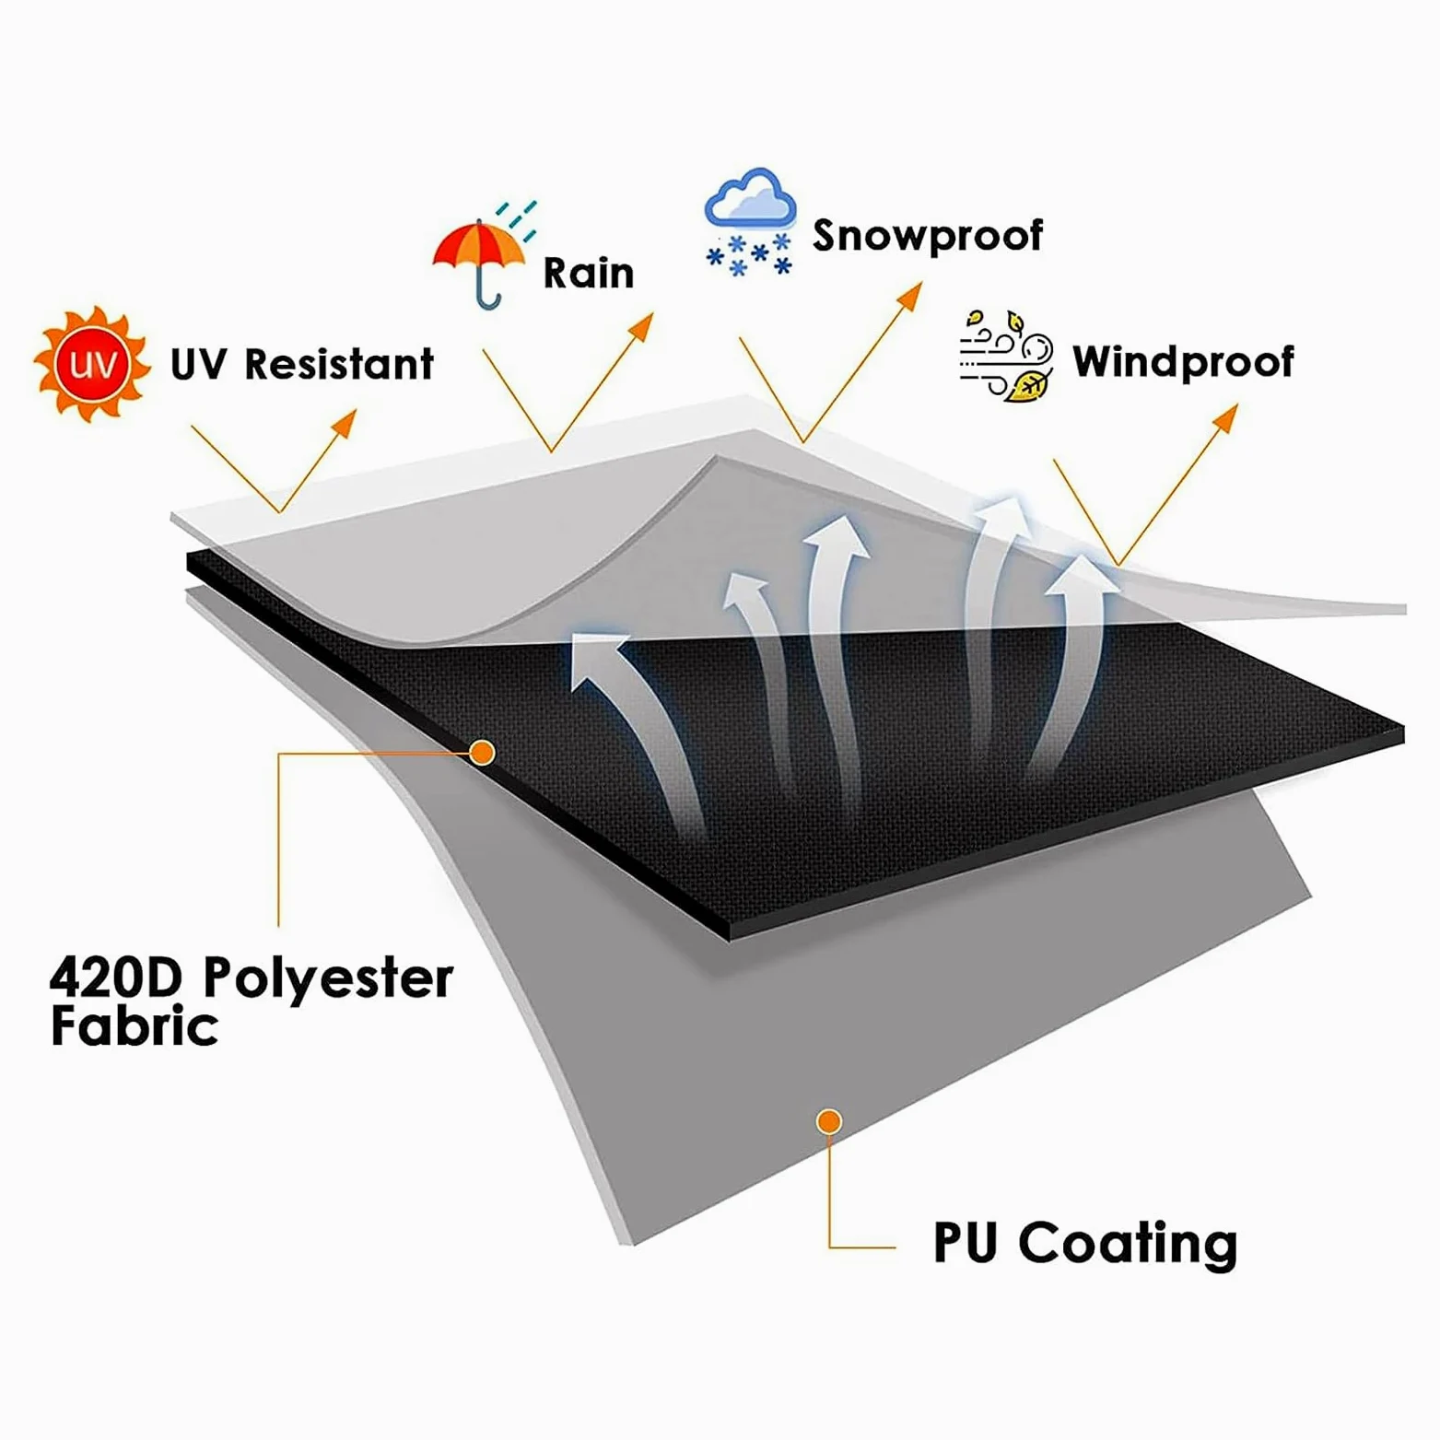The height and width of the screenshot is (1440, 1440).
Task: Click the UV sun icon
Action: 91,365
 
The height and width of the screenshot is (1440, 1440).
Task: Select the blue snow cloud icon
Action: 750,221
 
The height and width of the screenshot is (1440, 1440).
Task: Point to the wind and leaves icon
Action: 1006,357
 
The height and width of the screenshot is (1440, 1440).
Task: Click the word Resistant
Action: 339,364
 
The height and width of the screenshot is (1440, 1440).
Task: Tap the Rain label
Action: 589,273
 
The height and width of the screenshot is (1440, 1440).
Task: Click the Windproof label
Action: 1183,362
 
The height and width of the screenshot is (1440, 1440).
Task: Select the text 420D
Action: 117,977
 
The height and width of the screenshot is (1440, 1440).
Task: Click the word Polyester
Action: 328,978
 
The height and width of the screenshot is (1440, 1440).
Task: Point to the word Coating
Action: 1128,1243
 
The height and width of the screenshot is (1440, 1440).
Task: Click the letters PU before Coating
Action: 966,1243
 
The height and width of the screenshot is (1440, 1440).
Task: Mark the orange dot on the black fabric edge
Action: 482,753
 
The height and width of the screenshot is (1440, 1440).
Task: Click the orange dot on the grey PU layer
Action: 829,1121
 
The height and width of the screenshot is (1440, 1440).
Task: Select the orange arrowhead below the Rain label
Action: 641,325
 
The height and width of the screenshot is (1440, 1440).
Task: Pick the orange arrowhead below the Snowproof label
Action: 910,295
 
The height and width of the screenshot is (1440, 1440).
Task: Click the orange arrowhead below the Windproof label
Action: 1225,416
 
